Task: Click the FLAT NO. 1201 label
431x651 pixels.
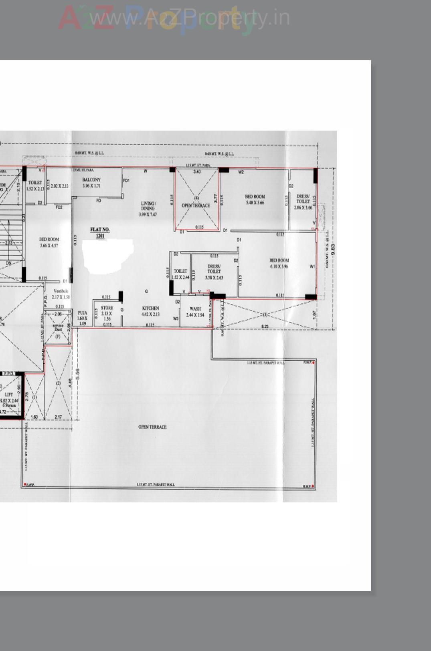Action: pos(99,232)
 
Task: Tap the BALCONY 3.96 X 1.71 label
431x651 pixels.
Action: pos(91,183)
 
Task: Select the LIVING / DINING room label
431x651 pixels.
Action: pos(148,209)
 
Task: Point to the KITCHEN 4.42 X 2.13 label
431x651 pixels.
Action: pos(151,311)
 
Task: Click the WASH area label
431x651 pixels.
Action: pos(195,312)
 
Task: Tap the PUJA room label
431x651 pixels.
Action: pos(82,318)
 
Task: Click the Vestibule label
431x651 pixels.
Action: pos(61,294)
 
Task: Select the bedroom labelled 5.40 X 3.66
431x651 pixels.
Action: pos(255,200)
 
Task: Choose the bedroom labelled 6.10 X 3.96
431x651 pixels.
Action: pos(279,263)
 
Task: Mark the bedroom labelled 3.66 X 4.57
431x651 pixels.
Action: pos(49,242)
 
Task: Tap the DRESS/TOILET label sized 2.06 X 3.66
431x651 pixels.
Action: pos(303,202)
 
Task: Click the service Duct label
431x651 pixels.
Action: pos(58,327)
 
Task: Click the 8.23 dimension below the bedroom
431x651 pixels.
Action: pos(265,327)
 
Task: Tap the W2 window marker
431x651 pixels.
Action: pos(241,172)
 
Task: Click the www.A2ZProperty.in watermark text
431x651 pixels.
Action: pos(190,18)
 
